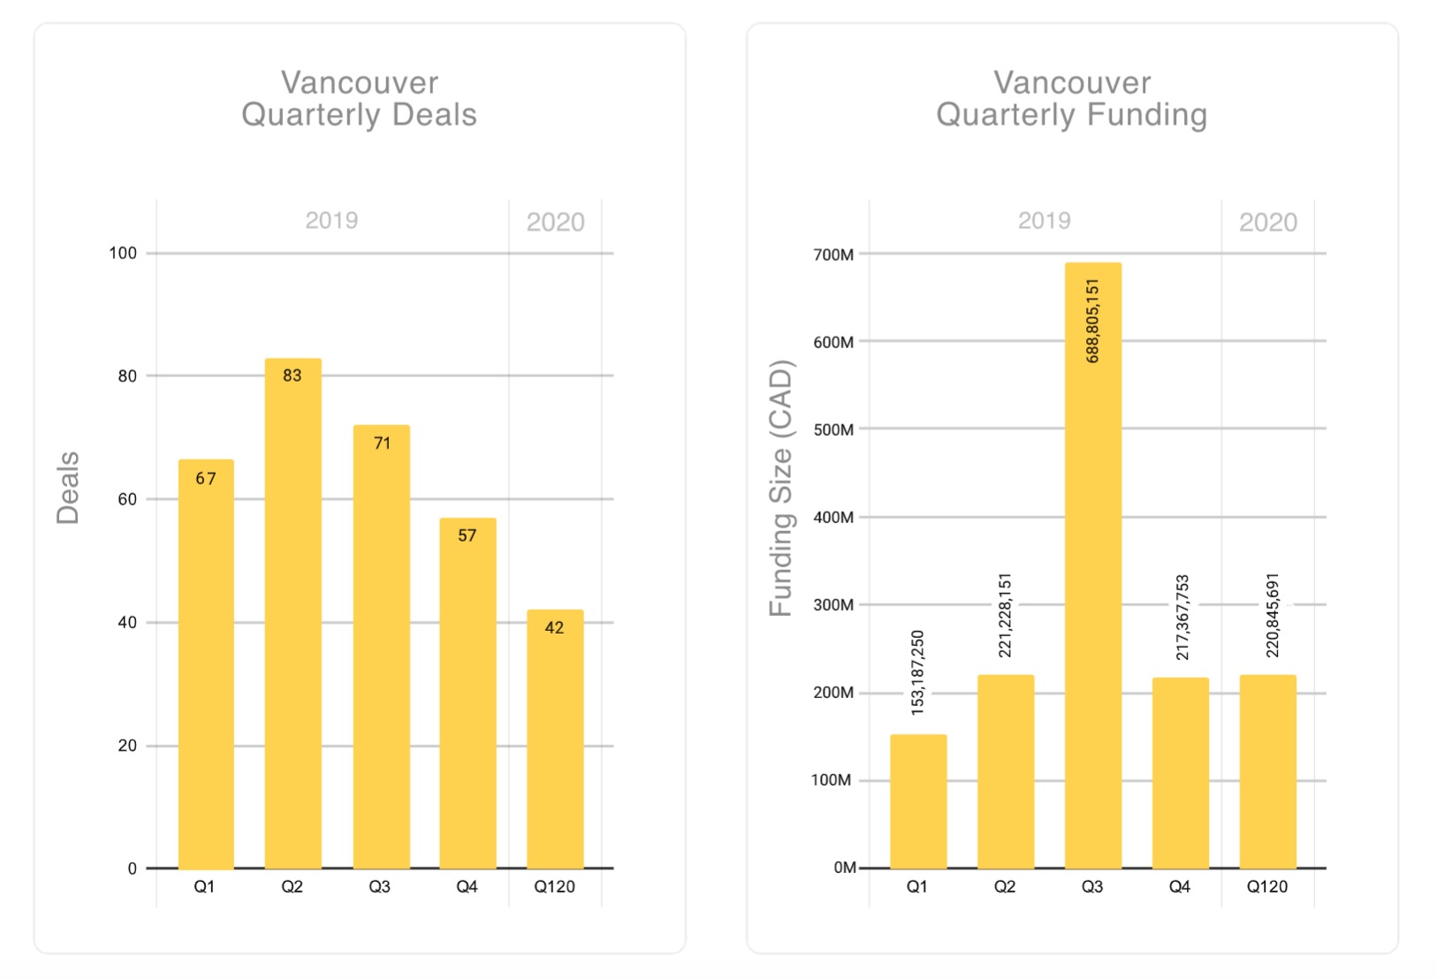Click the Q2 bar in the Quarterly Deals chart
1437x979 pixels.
(293, 619)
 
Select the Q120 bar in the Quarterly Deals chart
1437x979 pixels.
(555, 742)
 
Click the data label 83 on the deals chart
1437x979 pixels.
(293, 376)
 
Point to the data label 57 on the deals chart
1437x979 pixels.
(468, 535)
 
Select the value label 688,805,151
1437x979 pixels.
(1093, 321)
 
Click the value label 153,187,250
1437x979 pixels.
(917, 672)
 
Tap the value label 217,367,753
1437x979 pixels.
(1182, 618)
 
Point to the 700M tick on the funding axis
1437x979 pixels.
(833, 254)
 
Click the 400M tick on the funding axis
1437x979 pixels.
(833, 517)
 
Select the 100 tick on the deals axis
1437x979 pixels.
(123, 254)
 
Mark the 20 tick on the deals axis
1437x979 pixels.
(127, 746)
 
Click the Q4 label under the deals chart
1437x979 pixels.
(467, 886)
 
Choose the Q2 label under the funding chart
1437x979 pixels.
(1005, 886)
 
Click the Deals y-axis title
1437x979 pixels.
(68, 488)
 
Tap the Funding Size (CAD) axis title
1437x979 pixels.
(781, 488)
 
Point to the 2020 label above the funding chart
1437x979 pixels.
(1267, 223)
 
